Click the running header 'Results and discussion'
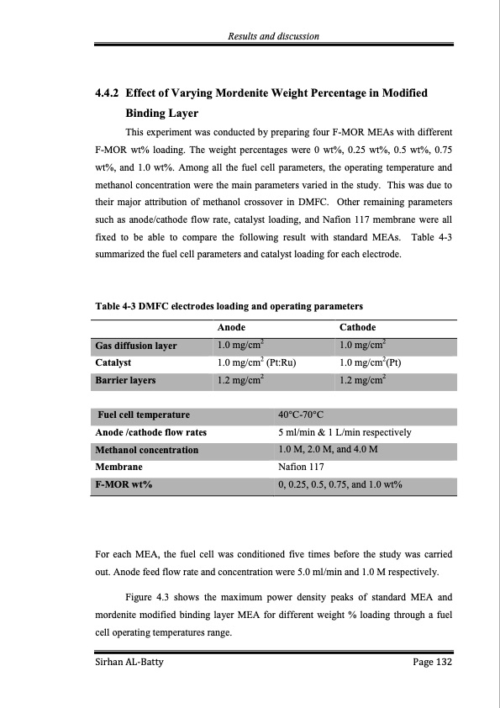274,34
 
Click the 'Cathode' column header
357,328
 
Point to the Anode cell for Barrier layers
240,381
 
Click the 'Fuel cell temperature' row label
144,415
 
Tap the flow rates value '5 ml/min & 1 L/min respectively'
344,432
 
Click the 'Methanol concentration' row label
147,450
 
